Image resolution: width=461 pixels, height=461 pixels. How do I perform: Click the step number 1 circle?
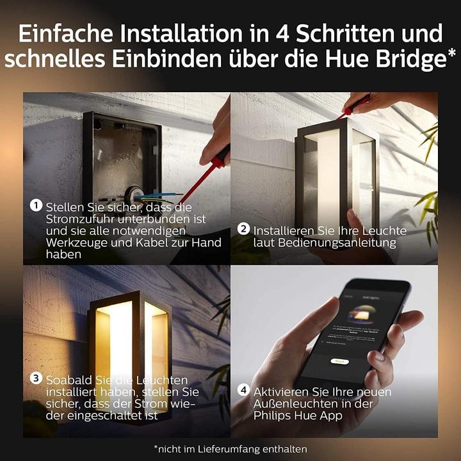tap(36, 206)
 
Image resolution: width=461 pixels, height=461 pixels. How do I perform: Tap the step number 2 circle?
tap(243, 229)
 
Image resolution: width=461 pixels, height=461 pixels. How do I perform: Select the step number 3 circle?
tap(36, 378)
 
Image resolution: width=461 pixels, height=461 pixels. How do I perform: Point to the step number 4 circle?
tap(243, 390)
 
